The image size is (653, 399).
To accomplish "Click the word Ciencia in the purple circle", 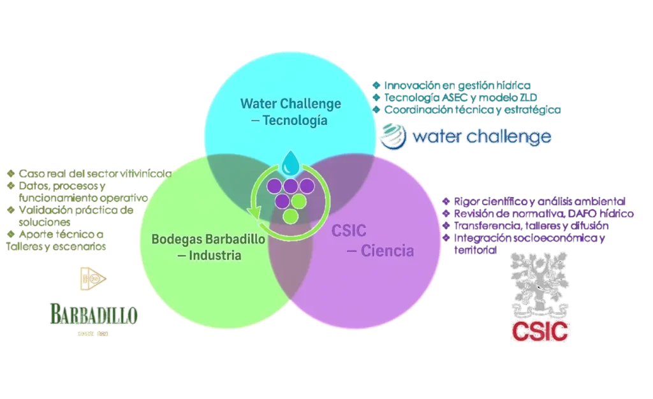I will coord(387,250).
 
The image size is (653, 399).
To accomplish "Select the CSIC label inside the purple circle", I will coord(348,231).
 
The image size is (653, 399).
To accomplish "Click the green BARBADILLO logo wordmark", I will coord(92,314).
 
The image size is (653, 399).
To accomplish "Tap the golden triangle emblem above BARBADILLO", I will coord(93,280).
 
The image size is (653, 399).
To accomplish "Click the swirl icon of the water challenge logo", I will coord(390,135).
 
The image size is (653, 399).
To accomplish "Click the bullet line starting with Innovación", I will coord(457,85).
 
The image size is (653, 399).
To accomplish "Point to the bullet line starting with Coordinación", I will coord(469,110).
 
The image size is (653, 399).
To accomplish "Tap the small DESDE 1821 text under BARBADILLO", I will coord(92,333).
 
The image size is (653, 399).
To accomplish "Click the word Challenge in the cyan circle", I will coord(311,103).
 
